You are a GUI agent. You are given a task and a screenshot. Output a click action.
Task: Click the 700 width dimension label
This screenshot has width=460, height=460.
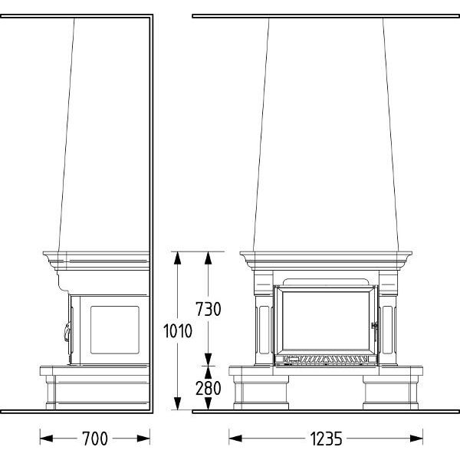point(95,439)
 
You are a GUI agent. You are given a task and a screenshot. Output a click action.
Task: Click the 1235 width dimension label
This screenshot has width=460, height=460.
point(326,439)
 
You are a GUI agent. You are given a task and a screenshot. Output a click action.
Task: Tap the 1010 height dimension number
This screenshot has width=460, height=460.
point(178,331)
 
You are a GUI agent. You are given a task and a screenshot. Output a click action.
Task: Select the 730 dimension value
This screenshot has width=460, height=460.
point(209,309)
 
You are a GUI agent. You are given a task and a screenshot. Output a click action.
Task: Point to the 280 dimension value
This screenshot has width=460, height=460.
point(209,388)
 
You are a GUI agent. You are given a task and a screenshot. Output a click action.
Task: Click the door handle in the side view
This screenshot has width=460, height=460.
point(67,331)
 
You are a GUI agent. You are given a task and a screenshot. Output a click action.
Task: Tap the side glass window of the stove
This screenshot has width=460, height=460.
point(115,330)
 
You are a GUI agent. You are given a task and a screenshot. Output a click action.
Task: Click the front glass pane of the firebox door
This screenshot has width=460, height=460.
point(326,320)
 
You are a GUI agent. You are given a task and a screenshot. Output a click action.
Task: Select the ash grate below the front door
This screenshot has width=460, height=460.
point(326,359)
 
